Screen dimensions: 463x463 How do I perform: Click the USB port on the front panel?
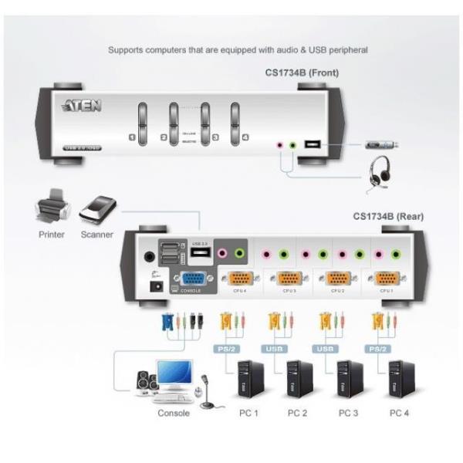coord(313,144)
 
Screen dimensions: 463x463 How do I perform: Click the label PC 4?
coord(399,414)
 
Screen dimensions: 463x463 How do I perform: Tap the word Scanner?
coord(98,235)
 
